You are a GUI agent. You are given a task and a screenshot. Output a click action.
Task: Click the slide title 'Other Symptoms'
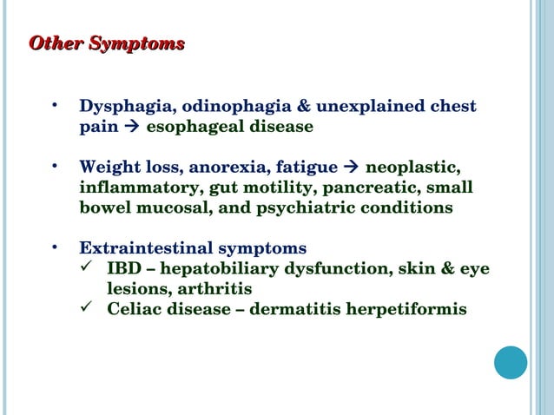[107, 43]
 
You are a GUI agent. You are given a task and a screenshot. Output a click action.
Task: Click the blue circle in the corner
[511, 362]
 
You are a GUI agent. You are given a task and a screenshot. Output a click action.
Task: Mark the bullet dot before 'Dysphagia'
[55, 106]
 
